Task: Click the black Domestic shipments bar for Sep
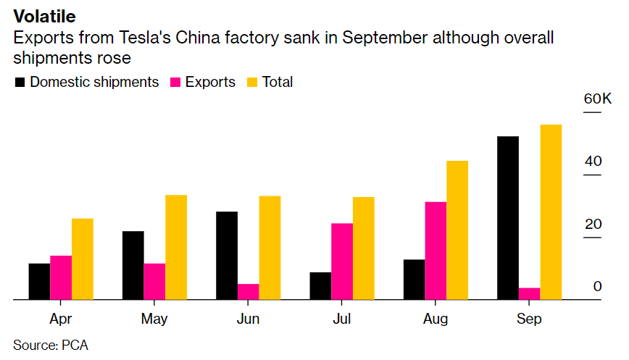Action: pyautogui.click(x=508, y=217)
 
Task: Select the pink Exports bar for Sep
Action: pyautogui.click(x=530, y=293)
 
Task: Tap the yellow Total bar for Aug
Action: pyautogui.click(x=457, y=230)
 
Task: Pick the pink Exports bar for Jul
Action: pyautogui.click(x=342, y=261)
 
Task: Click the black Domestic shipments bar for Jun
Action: pyautogui.click(x=227, y=255)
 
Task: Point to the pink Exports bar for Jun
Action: pyautogui.click(x=249, y=291)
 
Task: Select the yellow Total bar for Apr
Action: pyautogui.click(x=83, y=259)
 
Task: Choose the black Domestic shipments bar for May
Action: pyautogui.click(x=133, y=265)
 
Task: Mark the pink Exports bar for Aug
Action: pyautogui.click(x=436, y=250)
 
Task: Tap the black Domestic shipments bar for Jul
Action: pyautogui.click(x=320, y=285)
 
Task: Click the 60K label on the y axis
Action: pyautogui.click(x=597, y=99)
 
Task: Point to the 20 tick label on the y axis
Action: pyautogui.click(x=593, y=224)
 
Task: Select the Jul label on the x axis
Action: pyautogui.click(x=342, y=319)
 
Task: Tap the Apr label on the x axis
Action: pyautogui.click(x=61, y=319)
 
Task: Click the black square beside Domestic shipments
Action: pyautogui.click(x=20, y=83)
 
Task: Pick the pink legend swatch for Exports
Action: pyautogui.click(x=175, y=83)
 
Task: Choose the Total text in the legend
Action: pyautogui.click(x=278, y=82)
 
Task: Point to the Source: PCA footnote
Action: pyautogui.click(x=51, y=345)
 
